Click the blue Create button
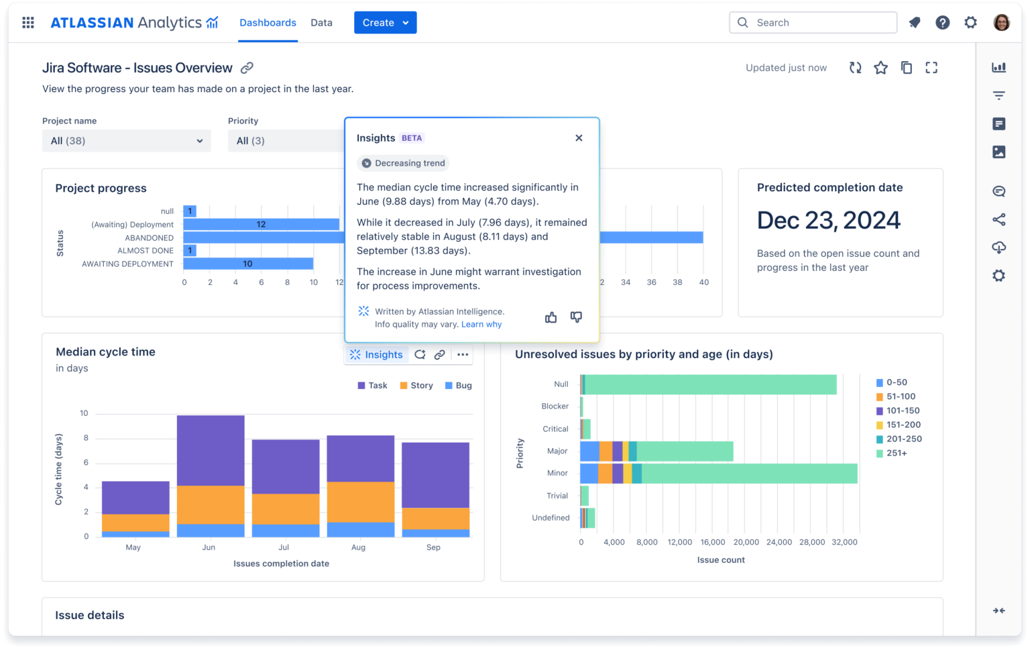tap(384, 23)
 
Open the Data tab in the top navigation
tap(321, 23)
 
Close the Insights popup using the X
tap(579, 138)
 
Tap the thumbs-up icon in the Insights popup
tap(551, 317)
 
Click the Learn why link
tap(481, 325)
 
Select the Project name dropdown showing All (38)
tap(126, 141)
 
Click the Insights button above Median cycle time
tap(377, 355)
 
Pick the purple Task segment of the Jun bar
tap(211, 450)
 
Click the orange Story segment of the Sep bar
tap(435, 519)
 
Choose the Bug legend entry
tap(459, 386)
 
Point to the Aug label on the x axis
tap(359, 547)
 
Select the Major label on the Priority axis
tap(557, 451)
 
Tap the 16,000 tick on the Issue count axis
tap(712, 543)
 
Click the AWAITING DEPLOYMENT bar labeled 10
tap(247, 264)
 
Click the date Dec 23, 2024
tap(828, 221)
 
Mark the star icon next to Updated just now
tap(880, 68)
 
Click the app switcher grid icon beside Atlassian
tap(28, 23)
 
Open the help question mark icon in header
tap(942, 23)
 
